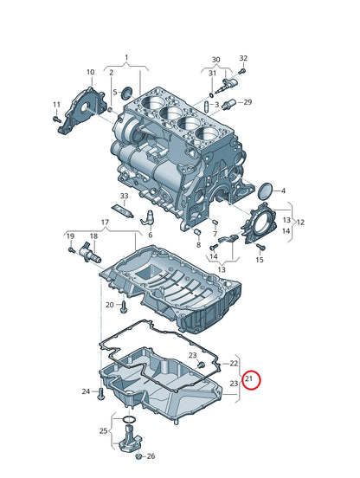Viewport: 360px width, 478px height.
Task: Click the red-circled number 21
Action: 249,378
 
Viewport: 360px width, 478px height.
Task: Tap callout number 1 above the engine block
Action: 125,58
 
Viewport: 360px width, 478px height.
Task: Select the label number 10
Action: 90,72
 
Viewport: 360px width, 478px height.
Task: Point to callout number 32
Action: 243,58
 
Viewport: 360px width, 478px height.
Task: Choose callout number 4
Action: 283,191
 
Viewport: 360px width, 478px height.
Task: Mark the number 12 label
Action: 301,222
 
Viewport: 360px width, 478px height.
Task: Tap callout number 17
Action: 104,223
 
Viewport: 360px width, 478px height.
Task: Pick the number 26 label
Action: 151,455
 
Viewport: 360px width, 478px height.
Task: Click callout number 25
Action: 104,430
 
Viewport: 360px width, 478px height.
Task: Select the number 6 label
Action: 149,235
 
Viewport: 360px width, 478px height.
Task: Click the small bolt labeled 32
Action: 242,70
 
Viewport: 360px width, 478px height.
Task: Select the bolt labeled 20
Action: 125,307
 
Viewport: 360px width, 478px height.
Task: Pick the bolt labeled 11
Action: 57,118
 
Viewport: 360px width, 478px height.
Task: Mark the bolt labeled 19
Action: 71,251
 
